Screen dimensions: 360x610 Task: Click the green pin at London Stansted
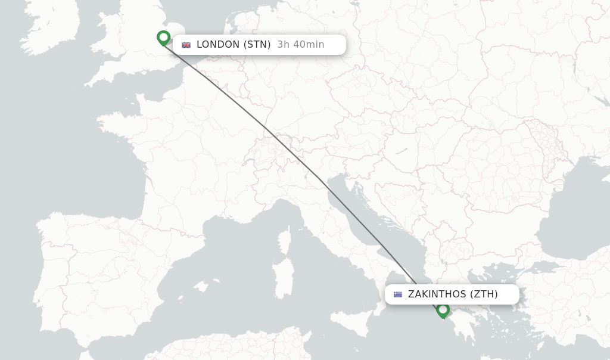point(163,38)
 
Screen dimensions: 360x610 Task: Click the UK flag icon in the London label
point(186,45)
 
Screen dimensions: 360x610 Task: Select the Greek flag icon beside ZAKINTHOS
point(397,294)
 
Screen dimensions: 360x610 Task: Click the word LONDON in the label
point(218,44)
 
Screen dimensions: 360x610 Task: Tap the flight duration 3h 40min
point(301,44)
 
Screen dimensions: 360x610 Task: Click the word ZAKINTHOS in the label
point(437,294)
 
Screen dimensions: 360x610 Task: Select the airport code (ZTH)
point(484,294)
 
